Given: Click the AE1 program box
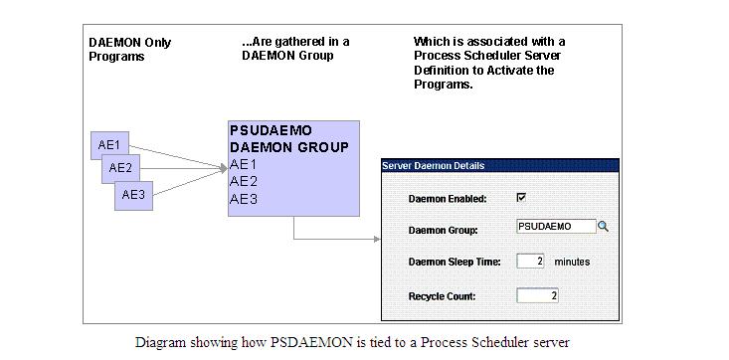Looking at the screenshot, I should (x=109, y=145).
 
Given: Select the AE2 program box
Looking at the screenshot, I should (x=120, y=168).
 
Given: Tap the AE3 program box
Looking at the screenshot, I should (x=133, y=194).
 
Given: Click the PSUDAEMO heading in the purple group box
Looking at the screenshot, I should (x=271, y=130).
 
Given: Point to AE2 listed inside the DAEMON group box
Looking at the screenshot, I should (x=244, y=181).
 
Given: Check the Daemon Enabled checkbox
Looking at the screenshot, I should (x=521, y=197).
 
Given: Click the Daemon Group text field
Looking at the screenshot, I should (x=555, y=227).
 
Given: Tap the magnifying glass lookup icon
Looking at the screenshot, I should (x=603, y=227).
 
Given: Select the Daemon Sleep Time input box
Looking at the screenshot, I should (x=531, y=262).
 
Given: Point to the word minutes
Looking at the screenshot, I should (x=572, y=262).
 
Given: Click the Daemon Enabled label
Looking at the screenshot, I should (x=448, y=199).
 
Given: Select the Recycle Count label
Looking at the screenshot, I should (x=442, y=296).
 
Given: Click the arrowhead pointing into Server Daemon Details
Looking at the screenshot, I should (x=377, y=239).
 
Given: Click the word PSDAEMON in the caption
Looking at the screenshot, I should (x=305, y=342).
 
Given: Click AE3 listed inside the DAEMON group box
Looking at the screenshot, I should (x=244, y=198).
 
